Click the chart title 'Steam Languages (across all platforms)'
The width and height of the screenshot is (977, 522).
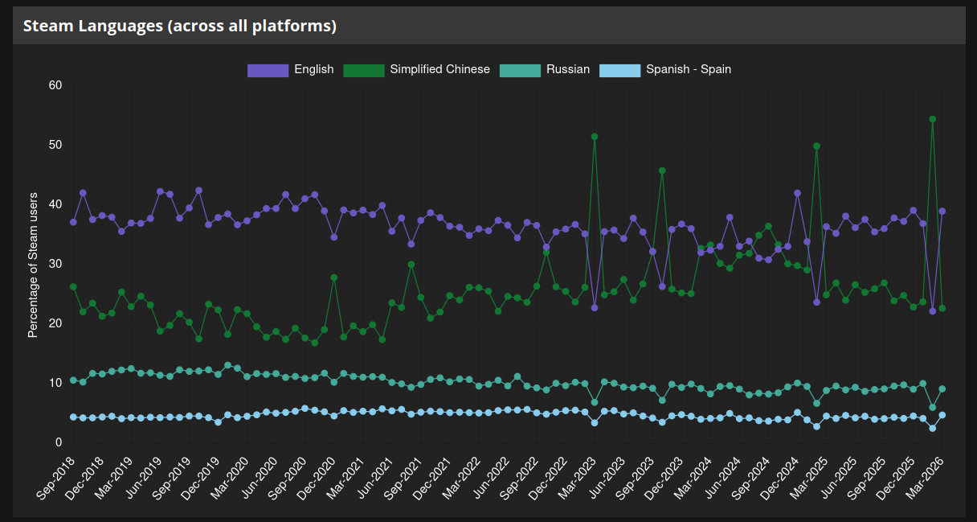point(179,26)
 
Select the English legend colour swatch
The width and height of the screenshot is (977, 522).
point(267,70)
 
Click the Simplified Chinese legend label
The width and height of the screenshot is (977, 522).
point(439,69)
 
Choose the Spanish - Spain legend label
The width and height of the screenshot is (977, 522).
point(688,69)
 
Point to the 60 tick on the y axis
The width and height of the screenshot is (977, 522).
point(55,85)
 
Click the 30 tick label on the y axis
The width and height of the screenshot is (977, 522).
point(55,264)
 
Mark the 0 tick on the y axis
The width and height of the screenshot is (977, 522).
point(59,442)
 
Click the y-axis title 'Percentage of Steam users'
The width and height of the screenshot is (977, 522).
point(33,265)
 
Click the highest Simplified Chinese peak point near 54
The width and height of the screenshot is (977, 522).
point(932,119)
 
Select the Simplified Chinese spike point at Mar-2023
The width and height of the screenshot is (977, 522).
point(595,137)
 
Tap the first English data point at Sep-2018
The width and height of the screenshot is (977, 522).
point(73,222)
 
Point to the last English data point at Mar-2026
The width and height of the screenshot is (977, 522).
point(942,212)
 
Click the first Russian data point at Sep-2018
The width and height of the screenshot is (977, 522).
point(73,380)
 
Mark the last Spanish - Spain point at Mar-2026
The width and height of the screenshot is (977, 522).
point(942,415)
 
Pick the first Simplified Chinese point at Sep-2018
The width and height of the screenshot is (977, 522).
point(73,286)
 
